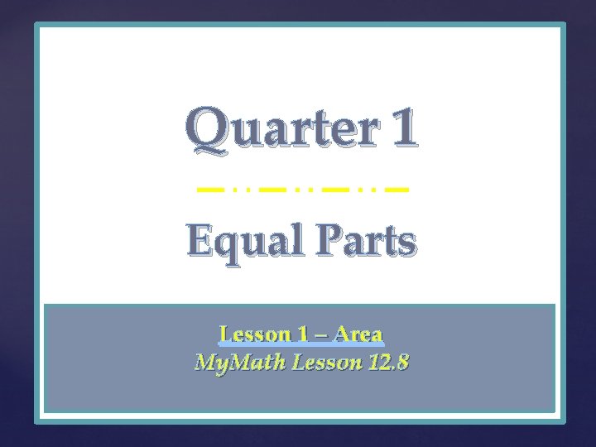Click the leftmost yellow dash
coord(209,190)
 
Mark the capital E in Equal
coord(199,241)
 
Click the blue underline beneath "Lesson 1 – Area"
coord(301,345)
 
